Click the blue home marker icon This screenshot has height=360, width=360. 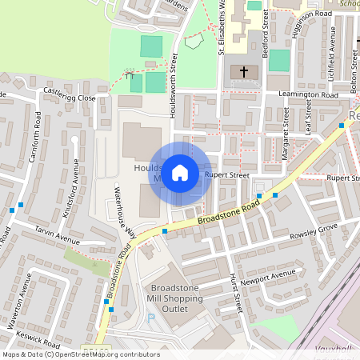point(180,172)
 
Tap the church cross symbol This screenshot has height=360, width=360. point(244,72)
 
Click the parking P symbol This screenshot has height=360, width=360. point(151,318)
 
